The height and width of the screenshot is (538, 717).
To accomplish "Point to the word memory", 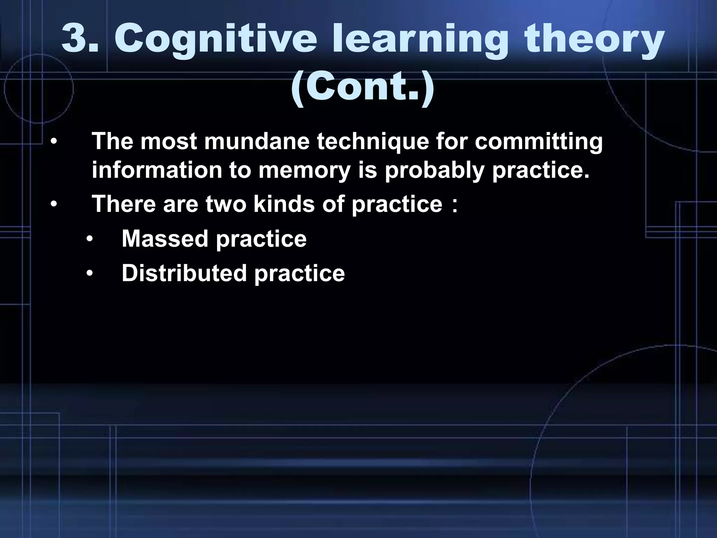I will tap(305, 171).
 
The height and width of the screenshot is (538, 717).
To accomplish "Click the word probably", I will tap(434, 171).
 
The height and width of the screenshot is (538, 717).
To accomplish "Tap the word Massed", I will tap(165, 239).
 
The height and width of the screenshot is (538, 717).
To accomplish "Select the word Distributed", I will tap(184, 273).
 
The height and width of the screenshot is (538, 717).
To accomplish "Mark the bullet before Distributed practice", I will tap(90, 274).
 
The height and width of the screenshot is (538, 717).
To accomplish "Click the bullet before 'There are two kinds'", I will tap(53, 205).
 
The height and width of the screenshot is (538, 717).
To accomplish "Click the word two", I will tap(226, 204).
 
